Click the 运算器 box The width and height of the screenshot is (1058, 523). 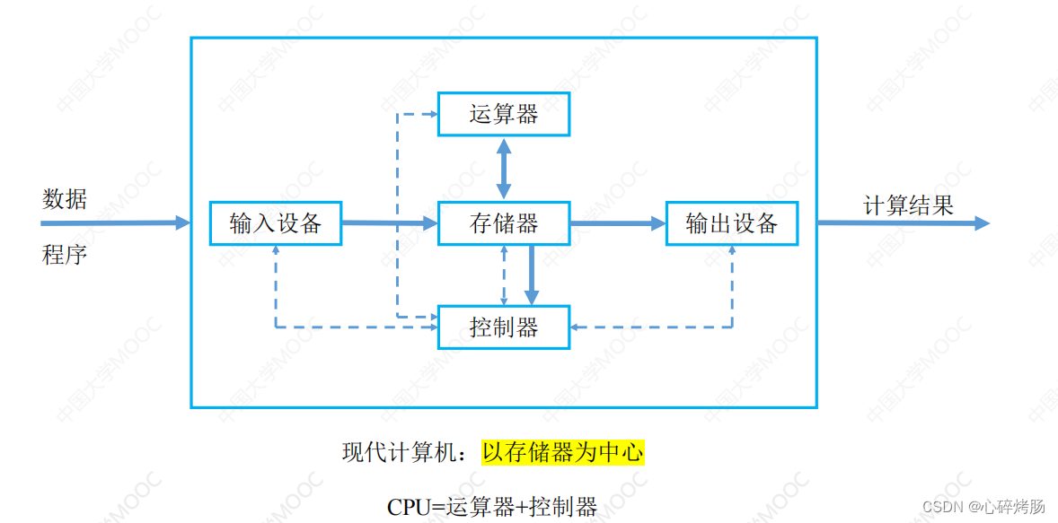coord(503,114)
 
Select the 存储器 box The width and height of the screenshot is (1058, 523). coord(503,223)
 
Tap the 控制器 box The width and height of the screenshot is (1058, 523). coord(503,327)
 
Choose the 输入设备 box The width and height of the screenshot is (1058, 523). coord(276,223)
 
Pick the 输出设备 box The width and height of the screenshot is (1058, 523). coord(732,223)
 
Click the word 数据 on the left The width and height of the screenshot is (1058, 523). coord(65,199)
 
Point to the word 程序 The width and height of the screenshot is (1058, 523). coord(65,255)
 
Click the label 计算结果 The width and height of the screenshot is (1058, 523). coord(908,205)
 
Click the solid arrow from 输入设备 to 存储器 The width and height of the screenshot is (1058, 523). coord(390,223)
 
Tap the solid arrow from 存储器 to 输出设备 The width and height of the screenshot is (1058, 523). coord(618,223)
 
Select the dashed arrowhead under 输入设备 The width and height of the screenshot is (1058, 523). coord(276,250)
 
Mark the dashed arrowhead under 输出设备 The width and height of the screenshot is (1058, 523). coord(732,250)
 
